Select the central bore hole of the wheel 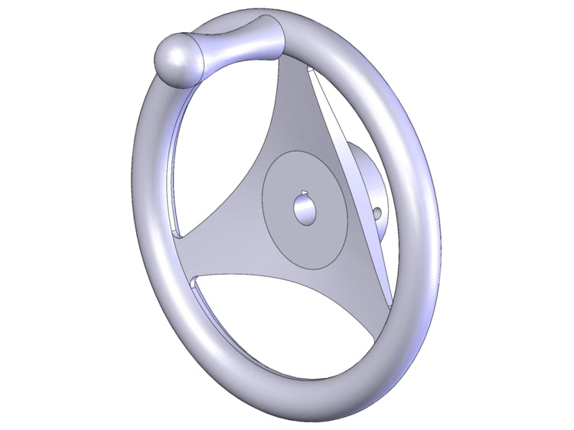tap(307, 209)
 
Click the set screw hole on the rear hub tap(377, 211)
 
